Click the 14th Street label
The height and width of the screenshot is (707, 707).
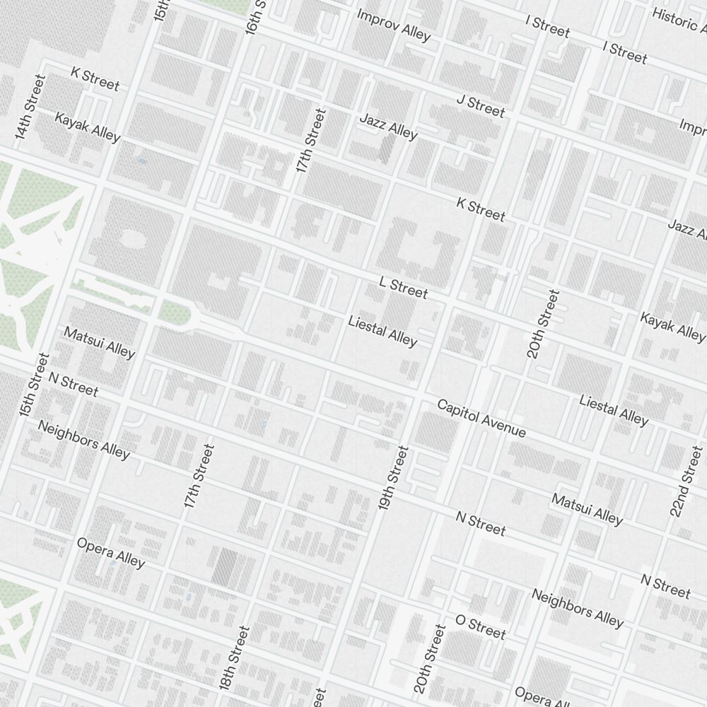point(29,106)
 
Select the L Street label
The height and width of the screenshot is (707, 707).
point(404,288)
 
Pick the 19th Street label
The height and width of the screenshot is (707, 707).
point(394,479)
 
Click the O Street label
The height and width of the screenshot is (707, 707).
point(481,626)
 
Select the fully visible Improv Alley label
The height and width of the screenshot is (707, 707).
point(394,25)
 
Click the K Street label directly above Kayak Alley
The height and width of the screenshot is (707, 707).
point(95,78)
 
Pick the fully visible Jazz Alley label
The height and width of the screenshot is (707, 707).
point(388,126)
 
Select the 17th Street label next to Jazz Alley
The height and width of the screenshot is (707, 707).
point(312,141)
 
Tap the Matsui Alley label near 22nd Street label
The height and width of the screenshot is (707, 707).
point(587,510)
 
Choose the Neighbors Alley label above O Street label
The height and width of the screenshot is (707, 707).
point(578,607)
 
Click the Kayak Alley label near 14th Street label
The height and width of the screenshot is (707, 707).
point(88,127)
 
